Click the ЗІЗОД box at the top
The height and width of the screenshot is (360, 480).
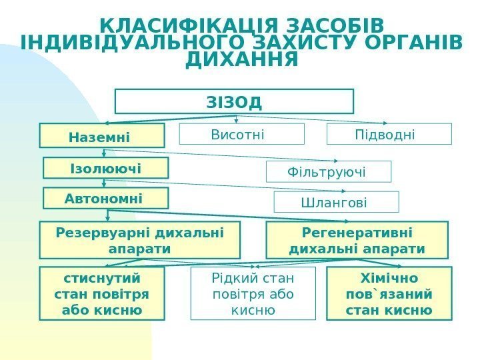234,102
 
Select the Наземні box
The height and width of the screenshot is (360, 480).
101,135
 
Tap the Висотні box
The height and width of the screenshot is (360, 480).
241,134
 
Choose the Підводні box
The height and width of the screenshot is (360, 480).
389,134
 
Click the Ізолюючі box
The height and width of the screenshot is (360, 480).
105,168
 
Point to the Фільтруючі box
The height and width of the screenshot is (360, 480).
328,171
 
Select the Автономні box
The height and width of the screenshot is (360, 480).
105,198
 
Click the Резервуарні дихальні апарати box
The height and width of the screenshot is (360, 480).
139,240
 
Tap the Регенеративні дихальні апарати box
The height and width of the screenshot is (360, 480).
357,240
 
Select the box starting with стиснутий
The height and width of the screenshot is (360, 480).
101,293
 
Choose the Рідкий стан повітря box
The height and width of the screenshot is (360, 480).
253,293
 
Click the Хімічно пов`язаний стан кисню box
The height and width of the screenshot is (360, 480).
389,293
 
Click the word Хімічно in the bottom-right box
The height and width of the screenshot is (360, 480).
389,278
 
